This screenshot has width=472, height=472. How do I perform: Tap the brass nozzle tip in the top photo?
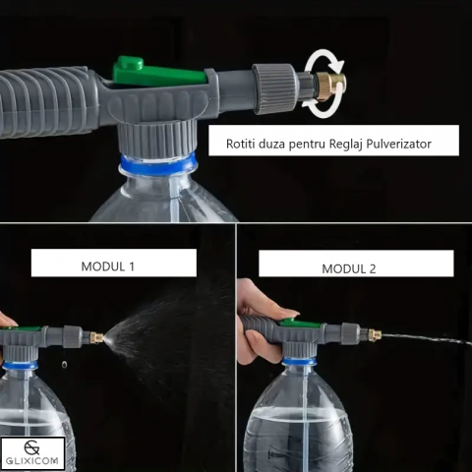329,88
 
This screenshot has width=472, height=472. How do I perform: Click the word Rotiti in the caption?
240,144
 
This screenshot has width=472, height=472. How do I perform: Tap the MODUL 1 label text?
108,266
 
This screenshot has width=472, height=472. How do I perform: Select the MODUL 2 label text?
349,268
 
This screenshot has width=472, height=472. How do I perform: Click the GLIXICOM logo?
32,453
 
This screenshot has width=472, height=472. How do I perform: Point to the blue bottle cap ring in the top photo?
158,164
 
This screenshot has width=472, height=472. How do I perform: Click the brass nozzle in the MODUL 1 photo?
96,337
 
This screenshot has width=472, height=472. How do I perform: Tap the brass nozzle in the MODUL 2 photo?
375,334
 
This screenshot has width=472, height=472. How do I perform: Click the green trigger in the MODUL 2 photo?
300,324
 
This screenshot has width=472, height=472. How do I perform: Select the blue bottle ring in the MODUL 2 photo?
299,362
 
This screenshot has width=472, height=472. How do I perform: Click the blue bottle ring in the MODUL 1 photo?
21,365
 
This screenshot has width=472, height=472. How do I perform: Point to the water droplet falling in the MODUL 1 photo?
64,364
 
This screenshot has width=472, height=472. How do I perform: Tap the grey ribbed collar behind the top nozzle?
274,88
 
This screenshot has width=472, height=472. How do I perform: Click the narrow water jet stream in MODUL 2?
427,338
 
